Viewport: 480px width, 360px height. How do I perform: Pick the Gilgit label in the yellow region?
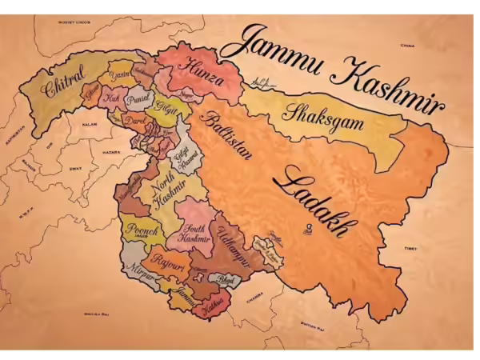(166, 108)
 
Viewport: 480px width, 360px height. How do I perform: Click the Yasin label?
(118, 74)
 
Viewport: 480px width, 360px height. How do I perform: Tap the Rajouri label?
(167, 262)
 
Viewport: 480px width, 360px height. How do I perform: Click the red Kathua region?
(212, 305)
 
